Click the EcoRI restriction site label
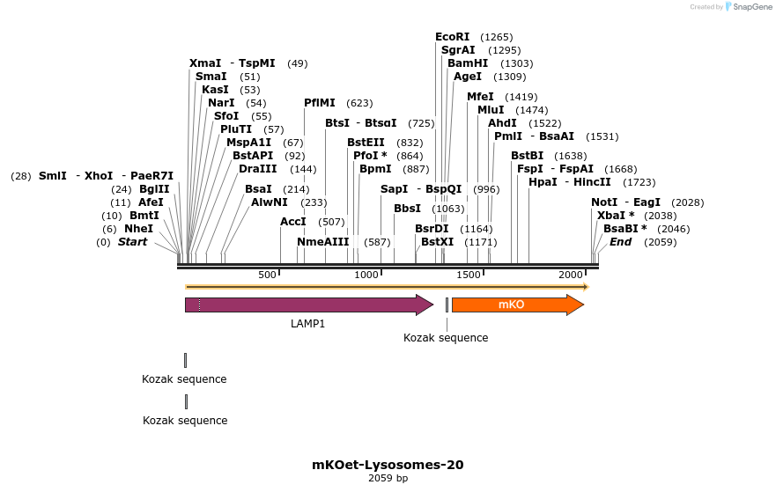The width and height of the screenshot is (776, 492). pyautogui.click(x=453, y=37)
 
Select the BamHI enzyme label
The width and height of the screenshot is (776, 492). pyautogui.click(x=467, y=63)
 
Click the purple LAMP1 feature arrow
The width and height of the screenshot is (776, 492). pyautogui.click(x=308, y=305)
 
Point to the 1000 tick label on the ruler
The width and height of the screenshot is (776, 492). pyautogui.click(x=366, y=275)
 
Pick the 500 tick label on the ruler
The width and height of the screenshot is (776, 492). pyautogui.click(x=268, y=275)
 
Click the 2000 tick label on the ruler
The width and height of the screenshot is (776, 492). pyautogui.click(x=571, y=275)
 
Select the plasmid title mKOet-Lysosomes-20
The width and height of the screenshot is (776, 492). pyautogui.click(x=388, y=465)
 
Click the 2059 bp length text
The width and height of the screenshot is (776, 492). pyautogui.click(x=388, y=479)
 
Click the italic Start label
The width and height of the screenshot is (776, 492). pyautogui.click(x=133, y=242)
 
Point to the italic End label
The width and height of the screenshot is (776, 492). pyautogui.click(x=621, y=242)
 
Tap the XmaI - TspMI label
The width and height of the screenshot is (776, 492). pyautogui.click(x=233, y=63)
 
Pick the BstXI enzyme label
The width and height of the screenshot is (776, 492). pyautogui.click(x=437, y=242)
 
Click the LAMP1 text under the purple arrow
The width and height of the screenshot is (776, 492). pyautogui.click(x=308, y=324)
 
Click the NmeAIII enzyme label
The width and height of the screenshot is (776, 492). pyautogui.click(x=323, y=242)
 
